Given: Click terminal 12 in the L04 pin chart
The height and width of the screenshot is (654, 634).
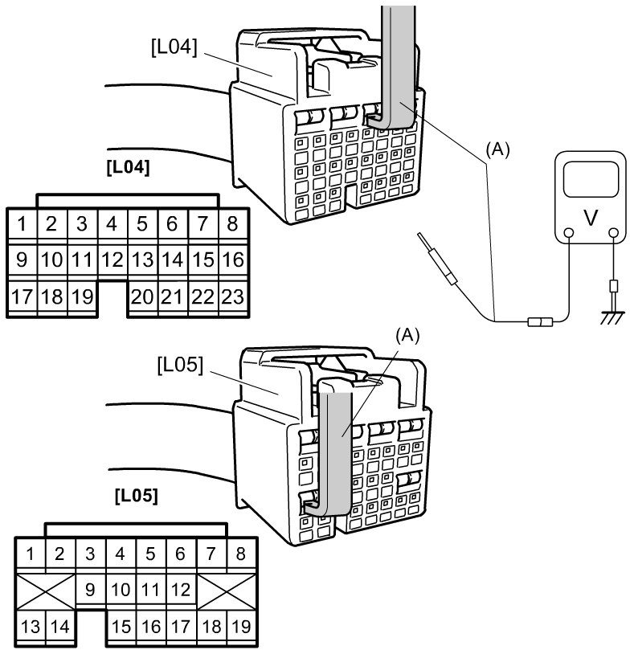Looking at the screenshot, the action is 112,260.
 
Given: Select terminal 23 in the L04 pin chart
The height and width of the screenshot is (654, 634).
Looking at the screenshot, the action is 233,297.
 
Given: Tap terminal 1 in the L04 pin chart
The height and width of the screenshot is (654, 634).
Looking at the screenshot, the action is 22,224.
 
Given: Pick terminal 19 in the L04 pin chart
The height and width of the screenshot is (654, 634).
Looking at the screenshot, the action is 82,297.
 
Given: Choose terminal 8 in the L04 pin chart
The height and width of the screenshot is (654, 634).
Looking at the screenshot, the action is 233,224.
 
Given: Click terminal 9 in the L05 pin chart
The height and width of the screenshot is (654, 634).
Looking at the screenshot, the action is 90,590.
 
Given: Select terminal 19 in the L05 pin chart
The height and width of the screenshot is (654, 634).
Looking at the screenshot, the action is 241,627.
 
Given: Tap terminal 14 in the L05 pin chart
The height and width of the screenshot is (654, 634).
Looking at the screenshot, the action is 60,627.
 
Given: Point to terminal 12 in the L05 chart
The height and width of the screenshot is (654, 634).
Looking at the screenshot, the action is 181,590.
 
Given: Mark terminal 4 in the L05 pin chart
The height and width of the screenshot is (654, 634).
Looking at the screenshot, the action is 121,554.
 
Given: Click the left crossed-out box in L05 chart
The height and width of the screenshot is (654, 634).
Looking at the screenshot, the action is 46,591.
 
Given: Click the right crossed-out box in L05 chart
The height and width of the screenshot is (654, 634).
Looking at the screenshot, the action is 227,591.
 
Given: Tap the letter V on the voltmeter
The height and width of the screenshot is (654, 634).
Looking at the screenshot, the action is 591,217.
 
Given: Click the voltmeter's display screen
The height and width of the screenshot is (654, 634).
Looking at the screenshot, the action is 591,179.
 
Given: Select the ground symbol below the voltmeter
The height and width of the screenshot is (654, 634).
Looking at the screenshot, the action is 613,317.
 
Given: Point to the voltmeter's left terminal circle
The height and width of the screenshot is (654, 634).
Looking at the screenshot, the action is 568,233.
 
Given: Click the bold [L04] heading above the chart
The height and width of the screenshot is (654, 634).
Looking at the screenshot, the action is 128,167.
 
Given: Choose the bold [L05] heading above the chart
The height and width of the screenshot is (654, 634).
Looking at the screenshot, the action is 137,496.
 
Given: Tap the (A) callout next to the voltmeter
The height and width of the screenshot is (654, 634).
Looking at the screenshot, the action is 497,149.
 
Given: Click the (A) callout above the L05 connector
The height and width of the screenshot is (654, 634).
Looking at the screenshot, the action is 407,336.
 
